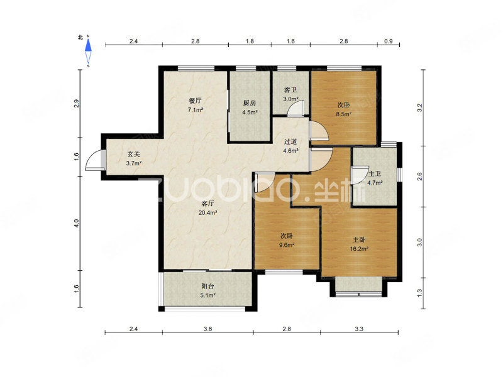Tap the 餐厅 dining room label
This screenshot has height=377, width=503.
point(195,101)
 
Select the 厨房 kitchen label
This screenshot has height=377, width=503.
point(249,103)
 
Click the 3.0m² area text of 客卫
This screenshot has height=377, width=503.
point(290,99)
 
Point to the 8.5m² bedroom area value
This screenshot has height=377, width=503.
point(343,114)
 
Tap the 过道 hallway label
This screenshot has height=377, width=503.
point(290,141)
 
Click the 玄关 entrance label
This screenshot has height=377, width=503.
point(134,154)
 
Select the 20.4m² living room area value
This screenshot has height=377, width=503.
point(208,212)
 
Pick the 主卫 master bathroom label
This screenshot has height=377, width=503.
point(375,174)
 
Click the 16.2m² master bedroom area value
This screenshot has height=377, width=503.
point(359,248)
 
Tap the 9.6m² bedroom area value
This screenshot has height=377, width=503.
point(287,245)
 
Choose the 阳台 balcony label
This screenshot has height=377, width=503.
point(207,287)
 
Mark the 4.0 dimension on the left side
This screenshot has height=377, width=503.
point(76,224)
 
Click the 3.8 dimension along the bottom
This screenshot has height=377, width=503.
point(208,329)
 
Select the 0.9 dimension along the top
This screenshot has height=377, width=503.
point(388,41)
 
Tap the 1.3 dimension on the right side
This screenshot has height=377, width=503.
point(419,293)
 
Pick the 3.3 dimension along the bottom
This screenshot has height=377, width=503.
point(359,329)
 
